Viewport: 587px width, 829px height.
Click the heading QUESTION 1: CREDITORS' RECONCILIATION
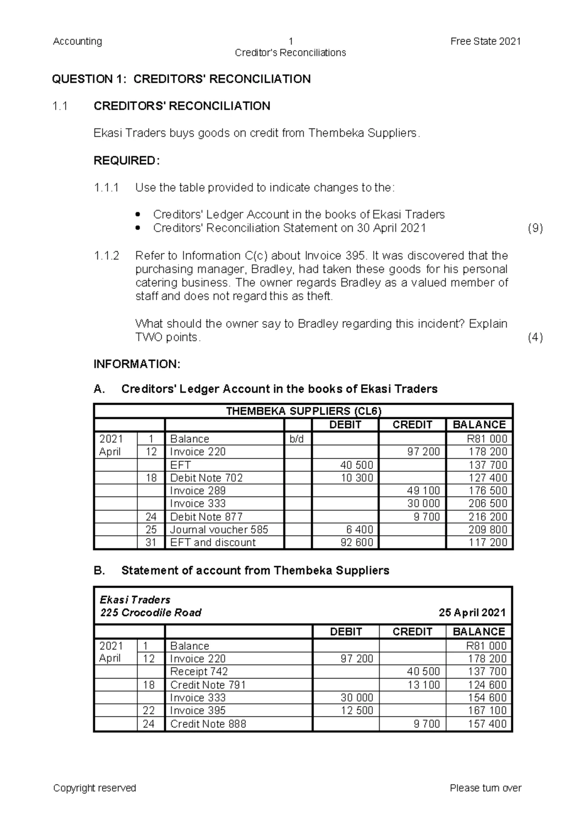[181, 79]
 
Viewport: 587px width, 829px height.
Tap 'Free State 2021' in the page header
[485, 42]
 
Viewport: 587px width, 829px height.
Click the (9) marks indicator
[535, 228]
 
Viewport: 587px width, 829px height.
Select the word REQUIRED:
[126, 161]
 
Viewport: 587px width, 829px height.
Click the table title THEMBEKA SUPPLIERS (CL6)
[303, 411]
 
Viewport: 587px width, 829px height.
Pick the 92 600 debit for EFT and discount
[357, 543]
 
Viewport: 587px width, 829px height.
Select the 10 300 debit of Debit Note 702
[357, 478]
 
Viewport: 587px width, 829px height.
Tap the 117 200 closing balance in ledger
[488, 543]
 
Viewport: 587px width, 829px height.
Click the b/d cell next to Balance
[296, 439]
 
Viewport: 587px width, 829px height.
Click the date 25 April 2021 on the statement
[472, 613]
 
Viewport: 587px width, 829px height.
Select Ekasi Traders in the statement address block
[135, 600]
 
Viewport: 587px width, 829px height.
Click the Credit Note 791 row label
[208, 685]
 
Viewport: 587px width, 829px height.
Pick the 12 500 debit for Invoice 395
[357, 711]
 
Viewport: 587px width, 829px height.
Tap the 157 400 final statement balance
[487, 724]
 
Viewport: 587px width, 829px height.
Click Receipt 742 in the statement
[199, 672]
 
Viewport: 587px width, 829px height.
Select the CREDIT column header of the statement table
[412, 632]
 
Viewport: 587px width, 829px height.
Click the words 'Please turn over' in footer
[485, 788]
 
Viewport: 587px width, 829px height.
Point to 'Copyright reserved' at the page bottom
[94, 788]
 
